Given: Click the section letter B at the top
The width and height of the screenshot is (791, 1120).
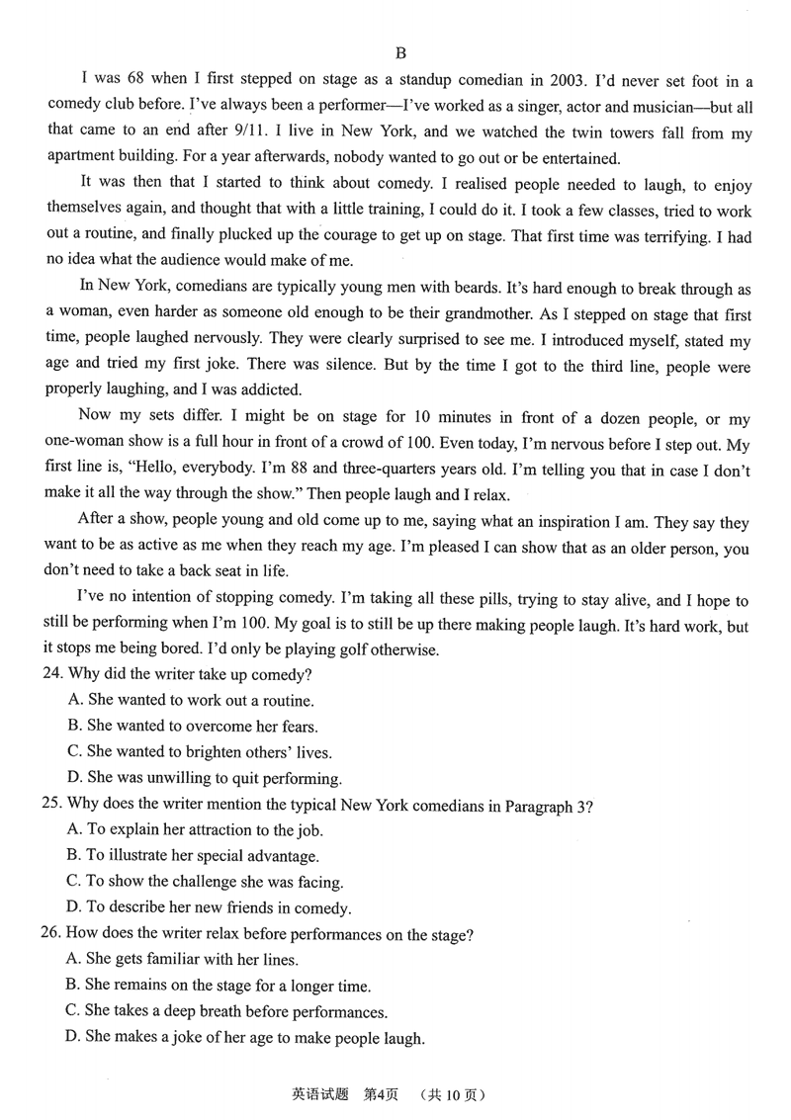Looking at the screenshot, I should pyautogui.click(x=400, y=52).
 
